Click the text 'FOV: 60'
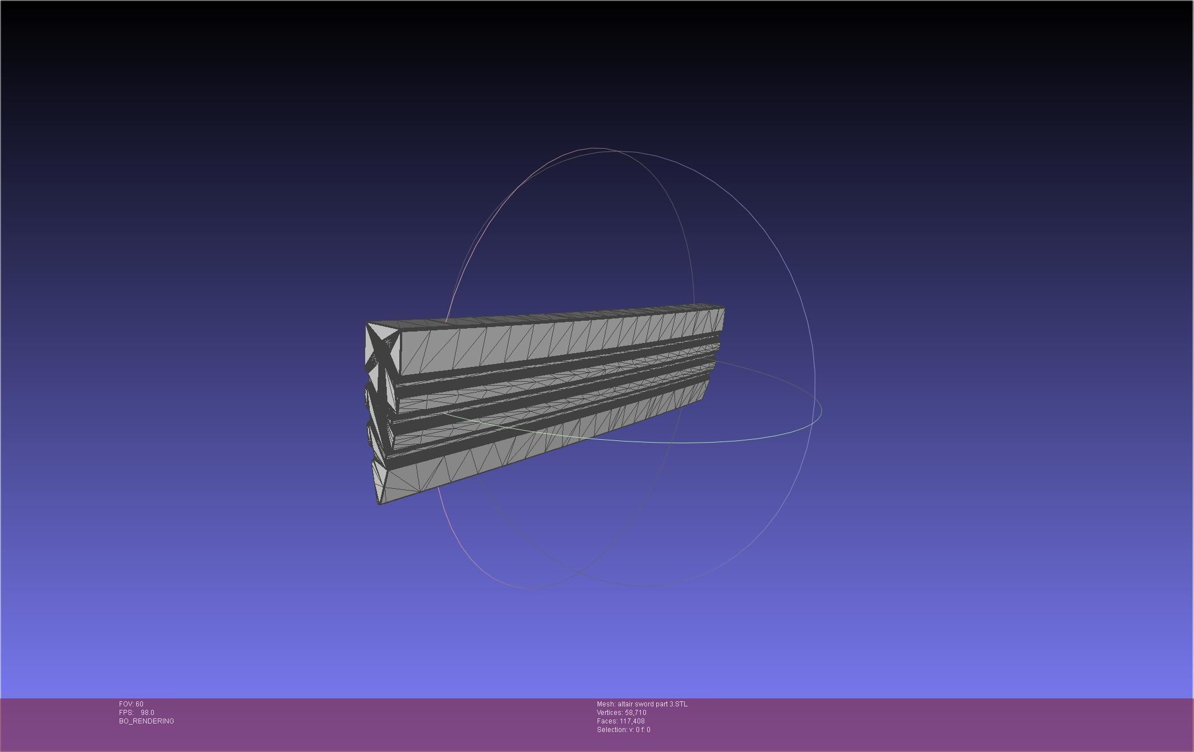pyautogui.click(x=131, y=704)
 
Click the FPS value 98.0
pyautogui.click(x=147, y=713)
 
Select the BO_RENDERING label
pyautogui.click(x=146, y=721)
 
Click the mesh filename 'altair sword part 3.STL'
pyautogui.click(x=652, y=704)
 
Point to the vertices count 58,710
pyautogui.click(x=635, y=713)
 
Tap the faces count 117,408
pyautogui.click(x=632, y=721)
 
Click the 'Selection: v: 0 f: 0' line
pyautogui.click(x=623, y=730)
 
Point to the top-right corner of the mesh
pyautogui.click(x=724, y=308)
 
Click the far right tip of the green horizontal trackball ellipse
pyautogui.click(x=821, y=410)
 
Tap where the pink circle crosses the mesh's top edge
pyautogui.click(x=447, y=320)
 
